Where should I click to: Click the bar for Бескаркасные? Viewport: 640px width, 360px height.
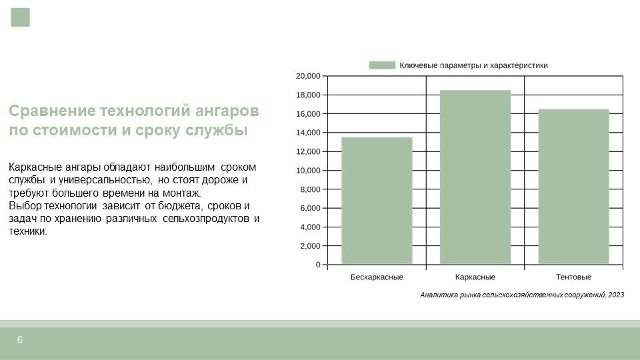pyautogui.click(x=377, y=201)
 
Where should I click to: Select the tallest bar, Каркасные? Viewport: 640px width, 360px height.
pyautogui.click(x=475, y=177)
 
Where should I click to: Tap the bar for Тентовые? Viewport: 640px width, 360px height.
pyautogui.click(x=573, y=187)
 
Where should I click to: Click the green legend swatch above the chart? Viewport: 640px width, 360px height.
pyautogui.click(x=382, y=65)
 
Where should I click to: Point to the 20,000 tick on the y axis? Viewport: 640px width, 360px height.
pyautogui.click(x=308, y=76)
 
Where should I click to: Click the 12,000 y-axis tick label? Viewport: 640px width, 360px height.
pyautogui.click(x=308, y=151)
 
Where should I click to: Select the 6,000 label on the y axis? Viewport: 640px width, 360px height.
pyautogui.click(x=310, y=208)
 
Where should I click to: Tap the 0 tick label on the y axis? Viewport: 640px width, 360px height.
pyautogui.click(x=318, y=265)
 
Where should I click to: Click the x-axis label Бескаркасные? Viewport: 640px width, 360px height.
pyautogui.click(x=377, y=277)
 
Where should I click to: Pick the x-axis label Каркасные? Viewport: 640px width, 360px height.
pyautogui.click(x=475, y=277)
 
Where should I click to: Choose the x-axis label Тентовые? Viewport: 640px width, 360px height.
pyautogui.click(x=573, y=277)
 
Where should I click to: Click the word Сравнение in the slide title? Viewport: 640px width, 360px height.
pyautogui.click(x=52, y=111)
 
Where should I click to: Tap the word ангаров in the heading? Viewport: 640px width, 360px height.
pyautogui.click(x=227, y=111)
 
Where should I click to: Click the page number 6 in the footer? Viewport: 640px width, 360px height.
pyautogui.click(x=19, y=340)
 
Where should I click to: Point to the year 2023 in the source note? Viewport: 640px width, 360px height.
pyautogui.click(x=616, y=295)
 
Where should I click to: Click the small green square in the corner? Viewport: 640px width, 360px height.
pyautogui.click(x=21, y=17)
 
